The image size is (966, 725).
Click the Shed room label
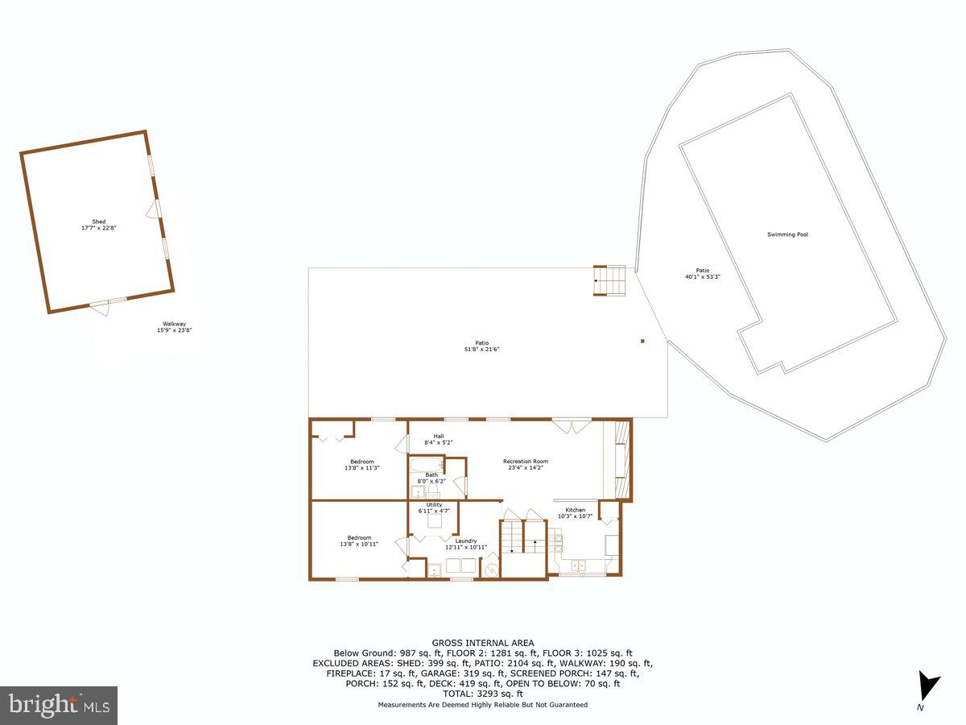point(98,222)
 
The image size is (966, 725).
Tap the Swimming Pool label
point(786,234)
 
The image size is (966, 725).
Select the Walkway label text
point(174,324)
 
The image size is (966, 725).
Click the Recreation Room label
point(526,462)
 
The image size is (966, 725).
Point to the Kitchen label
point(575,510)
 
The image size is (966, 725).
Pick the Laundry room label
point(465,541)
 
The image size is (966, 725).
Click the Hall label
point(439,437)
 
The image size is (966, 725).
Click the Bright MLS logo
point(59,706)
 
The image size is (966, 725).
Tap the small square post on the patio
point(642,341)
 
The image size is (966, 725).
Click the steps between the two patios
point(609,281)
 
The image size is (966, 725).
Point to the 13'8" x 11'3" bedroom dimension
point(361,468)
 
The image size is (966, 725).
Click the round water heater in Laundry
point(491,570)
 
